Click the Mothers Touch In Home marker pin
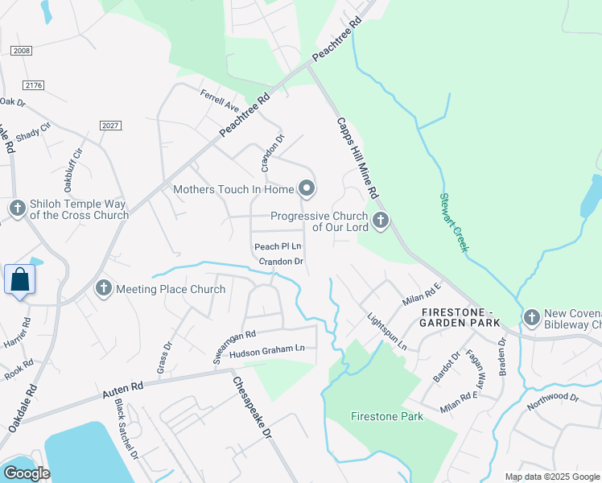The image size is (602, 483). [306, 189]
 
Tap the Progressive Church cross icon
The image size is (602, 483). [380, 220]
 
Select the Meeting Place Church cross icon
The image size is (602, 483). [103, 288]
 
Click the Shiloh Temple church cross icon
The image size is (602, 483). [18, 208]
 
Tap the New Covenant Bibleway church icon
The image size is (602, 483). [531, 318]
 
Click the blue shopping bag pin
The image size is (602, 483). [19, 280]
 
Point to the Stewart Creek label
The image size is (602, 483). [453, 221]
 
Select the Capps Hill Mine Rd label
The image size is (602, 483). [357, 158]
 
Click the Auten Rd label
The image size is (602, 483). [122, 391]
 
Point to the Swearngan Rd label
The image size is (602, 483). [234, 345]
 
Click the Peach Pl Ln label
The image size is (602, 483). [278, 246]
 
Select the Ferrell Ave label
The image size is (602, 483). [221, 101]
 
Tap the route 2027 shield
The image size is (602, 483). [110, 126]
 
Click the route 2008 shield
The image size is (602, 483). [22, 51]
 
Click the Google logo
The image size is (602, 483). [26, 473]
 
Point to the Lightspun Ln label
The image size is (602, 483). [387, 332]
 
